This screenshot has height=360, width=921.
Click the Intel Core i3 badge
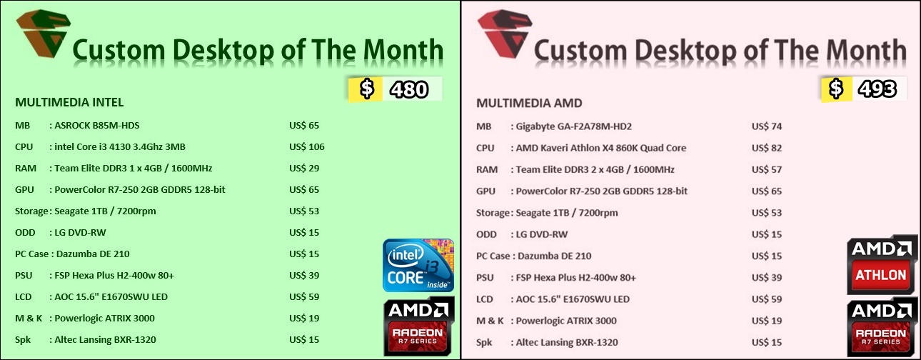click(418, 266)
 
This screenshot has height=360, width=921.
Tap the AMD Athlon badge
click(882, 264)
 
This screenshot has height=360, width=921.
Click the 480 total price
click(409, 90)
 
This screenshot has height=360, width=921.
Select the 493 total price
click(877, 89)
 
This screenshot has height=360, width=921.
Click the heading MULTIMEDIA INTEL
click(69, 102)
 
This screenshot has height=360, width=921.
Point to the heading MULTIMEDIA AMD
click(529, 104)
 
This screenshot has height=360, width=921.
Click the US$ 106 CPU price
click(307, 147)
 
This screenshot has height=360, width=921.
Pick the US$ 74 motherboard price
click(767, 126)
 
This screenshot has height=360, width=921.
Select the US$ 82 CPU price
click(767, 148)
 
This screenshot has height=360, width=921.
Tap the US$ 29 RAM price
click(304, 169)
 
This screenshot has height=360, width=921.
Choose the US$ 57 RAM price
click(767, 169)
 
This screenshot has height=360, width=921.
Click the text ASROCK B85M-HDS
click(97, 126)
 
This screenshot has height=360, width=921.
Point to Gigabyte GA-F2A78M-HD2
click(573, 126)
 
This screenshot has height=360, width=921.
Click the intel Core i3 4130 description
click(120, 147)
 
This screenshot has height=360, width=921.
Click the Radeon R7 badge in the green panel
click(419, 326)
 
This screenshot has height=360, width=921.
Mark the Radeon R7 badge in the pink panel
click(882, 326)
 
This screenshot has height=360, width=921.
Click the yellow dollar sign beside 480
click(367, 89)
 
